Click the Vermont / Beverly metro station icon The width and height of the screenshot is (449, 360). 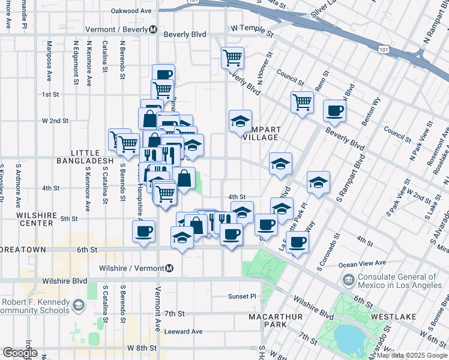tap(153, 29)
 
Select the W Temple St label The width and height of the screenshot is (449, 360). tap(252, 28)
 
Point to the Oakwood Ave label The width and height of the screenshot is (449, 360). tap(131, 11)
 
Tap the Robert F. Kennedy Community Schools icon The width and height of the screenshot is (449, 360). tap(79, 307)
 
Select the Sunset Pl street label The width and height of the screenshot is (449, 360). tap(241, 296)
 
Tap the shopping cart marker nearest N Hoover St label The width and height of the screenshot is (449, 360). tap(232, 58)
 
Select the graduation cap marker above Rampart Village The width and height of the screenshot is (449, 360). tap(240, 121)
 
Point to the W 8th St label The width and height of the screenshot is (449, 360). tap(142, 347)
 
